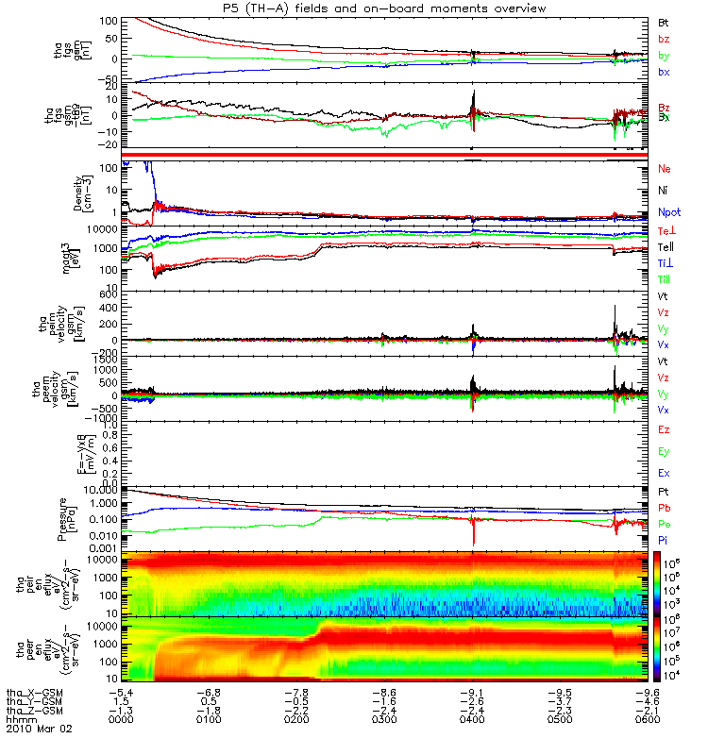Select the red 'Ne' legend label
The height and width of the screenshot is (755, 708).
664,168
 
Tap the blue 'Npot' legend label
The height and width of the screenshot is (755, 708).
668,213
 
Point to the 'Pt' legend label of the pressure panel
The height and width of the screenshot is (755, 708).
664,492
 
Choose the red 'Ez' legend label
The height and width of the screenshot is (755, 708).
664,428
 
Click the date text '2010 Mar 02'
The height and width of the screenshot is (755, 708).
40,730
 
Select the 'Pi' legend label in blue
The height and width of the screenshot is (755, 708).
664,538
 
